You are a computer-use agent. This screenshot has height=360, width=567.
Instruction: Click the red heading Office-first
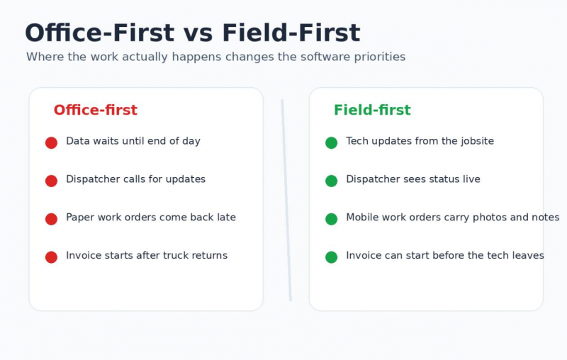[96, 110]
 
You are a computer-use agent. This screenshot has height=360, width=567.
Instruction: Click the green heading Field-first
[372, 110]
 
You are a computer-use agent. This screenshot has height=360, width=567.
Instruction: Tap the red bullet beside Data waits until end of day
[51, 142]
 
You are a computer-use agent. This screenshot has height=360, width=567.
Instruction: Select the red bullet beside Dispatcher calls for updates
[51, 181]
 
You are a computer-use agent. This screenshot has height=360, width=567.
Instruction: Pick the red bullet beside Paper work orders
[51, 219]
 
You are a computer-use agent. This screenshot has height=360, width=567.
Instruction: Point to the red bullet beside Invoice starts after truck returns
[51, 257]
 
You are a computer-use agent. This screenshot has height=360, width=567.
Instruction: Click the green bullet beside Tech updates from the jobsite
[331, 142]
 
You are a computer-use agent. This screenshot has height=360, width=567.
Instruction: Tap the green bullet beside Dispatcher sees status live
[331, 181]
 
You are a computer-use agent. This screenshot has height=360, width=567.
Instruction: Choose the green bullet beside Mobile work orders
[331, 219]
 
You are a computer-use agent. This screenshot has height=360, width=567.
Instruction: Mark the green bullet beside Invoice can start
[331, 257]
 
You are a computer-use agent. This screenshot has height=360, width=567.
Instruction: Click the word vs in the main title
[198, 33]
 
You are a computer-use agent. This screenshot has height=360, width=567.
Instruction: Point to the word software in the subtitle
[325, 57]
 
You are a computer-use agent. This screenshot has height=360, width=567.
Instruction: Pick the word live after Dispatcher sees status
[474, 179]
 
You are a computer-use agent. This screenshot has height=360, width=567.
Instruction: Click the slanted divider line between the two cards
[286, 200]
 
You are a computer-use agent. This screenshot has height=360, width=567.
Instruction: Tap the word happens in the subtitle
[196, 57]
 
